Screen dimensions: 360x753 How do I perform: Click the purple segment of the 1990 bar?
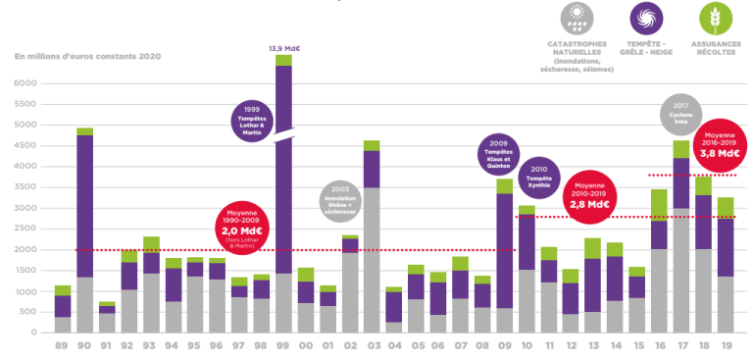pos(84,206)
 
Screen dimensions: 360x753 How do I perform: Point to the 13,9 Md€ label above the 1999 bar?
pos(283,47)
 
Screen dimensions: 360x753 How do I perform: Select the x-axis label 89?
pos(62,345)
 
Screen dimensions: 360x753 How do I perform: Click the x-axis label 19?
pos(725,345)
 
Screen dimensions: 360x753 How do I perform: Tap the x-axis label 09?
pos(504,345)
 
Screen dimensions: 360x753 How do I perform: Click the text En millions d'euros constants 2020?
pos(87,56)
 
